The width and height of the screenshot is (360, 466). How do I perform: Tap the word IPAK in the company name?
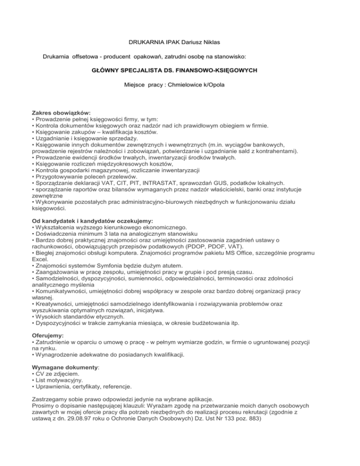(165, 43)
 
